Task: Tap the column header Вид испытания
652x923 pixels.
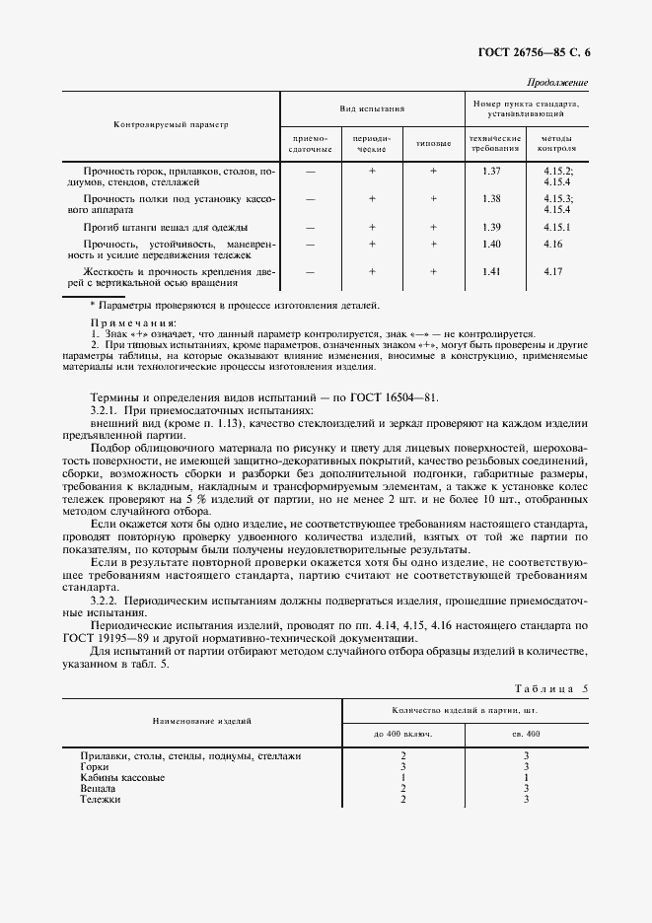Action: click(x=373, y=108)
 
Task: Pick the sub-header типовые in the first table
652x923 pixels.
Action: click(x=433, y=143)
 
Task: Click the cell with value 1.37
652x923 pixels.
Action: click(x=493, y=172)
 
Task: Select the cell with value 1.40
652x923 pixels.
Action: click(x=493, y=244)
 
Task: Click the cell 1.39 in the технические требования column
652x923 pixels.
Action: click(x=493, y=226)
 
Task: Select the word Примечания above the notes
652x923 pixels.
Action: click(x=133, y=322)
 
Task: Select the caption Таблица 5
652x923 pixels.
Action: click(x=551, y=688)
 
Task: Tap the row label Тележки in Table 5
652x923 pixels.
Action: click(x=101, y=800)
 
